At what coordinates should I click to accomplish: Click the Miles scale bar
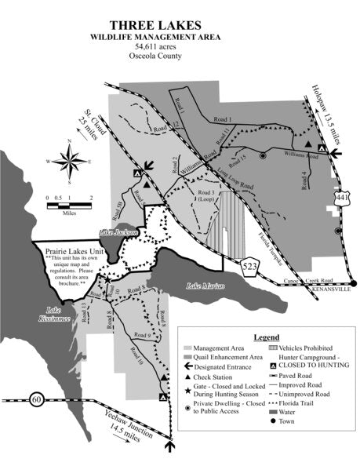click(x=70, y=206)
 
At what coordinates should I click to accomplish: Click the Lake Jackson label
click(x=119, y=232)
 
